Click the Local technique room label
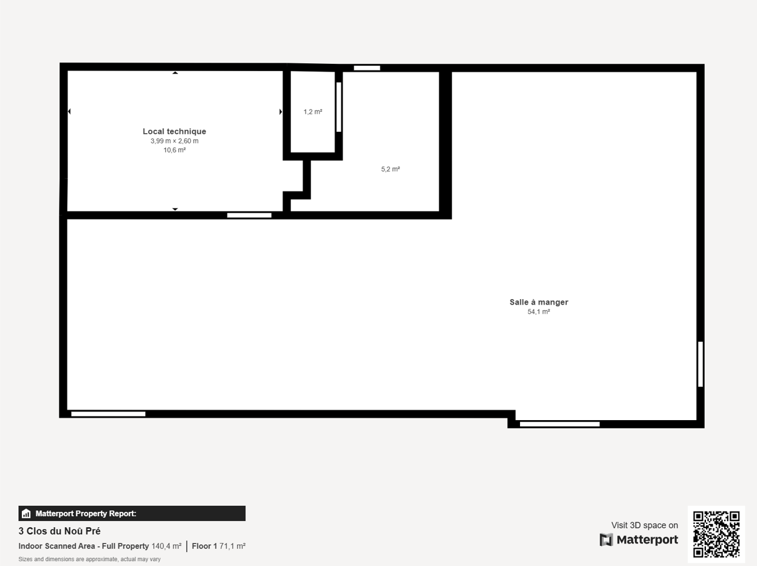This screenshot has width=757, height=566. pyautogui.click(x=174, y=131)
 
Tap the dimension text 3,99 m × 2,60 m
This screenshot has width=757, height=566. pyautogui.click(x=174, y=141)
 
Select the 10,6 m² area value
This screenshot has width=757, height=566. pyautogui.click(x=174, y=150)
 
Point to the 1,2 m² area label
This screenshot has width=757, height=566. pyautogui.click(x=313, y=111)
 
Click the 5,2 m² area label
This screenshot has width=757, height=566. pyautogui.click(x=391, y=169)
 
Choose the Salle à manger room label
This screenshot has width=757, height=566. pyautogui.click(x=539, y=302)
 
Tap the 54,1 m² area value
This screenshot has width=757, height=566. pyautogui.click(x=539, y=312)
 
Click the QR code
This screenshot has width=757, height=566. pyautogui.click(x=716, y=534)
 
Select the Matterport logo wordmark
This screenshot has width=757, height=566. pyautogui.click(x=639, y=540)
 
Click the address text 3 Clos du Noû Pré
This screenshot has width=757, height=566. pyautogui.click(x=60, y=531)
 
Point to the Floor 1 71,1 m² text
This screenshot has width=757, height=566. pyautogui.click(x=219, y=546)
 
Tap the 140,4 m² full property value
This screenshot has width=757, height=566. pyautogui.click(x=166, y=546)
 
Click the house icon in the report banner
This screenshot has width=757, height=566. pyautogui.click(x=26, y=514)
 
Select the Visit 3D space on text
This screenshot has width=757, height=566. pyautogui.click(x=645, y=525)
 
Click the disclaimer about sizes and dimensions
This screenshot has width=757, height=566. pyautogui.click(x=89, y=559)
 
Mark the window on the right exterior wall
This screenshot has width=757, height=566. pyautogui.click(x=700, y=364)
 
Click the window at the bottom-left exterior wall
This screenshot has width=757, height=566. pyautogui.click(x=108, y=414)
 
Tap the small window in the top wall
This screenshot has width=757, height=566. pyautogui.click(x=367, y=68)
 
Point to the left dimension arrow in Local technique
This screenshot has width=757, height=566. pyautogui.click(x=69, y=111)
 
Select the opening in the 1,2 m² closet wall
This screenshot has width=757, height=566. pyautogui.click(x=338, y=107)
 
